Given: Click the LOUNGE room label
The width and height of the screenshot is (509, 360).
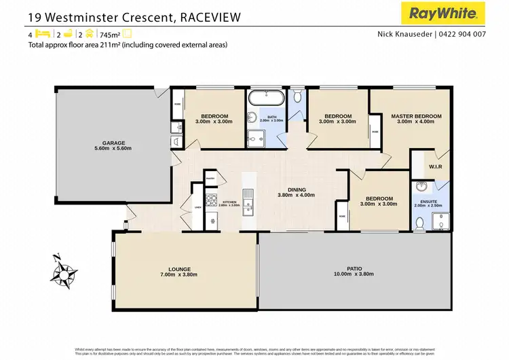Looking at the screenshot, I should click(180, 270).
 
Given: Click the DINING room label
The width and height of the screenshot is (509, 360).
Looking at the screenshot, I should click(297, 190).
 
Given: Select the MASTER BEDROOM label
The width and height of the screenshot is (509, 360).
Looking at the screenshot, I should click(416, 117).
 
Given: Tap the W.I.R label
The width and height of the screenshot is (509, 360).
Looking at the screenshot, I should click(435, 167).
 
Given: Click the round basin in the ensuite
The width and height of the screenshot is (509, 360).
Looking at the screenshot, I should click(421, 187).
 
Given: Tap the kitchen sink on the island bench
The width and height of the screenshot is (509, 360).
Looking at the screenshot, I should click(248, 196).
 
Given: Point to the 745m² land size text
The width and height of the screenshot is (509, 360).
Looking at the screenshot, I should click(109, 34).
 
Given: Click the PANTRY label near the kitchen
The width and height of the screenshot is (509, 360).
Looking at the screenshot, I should click(210, 179).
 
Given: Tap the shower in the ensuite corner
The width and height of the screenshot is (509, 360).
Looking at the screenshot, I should click(441, 221).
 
